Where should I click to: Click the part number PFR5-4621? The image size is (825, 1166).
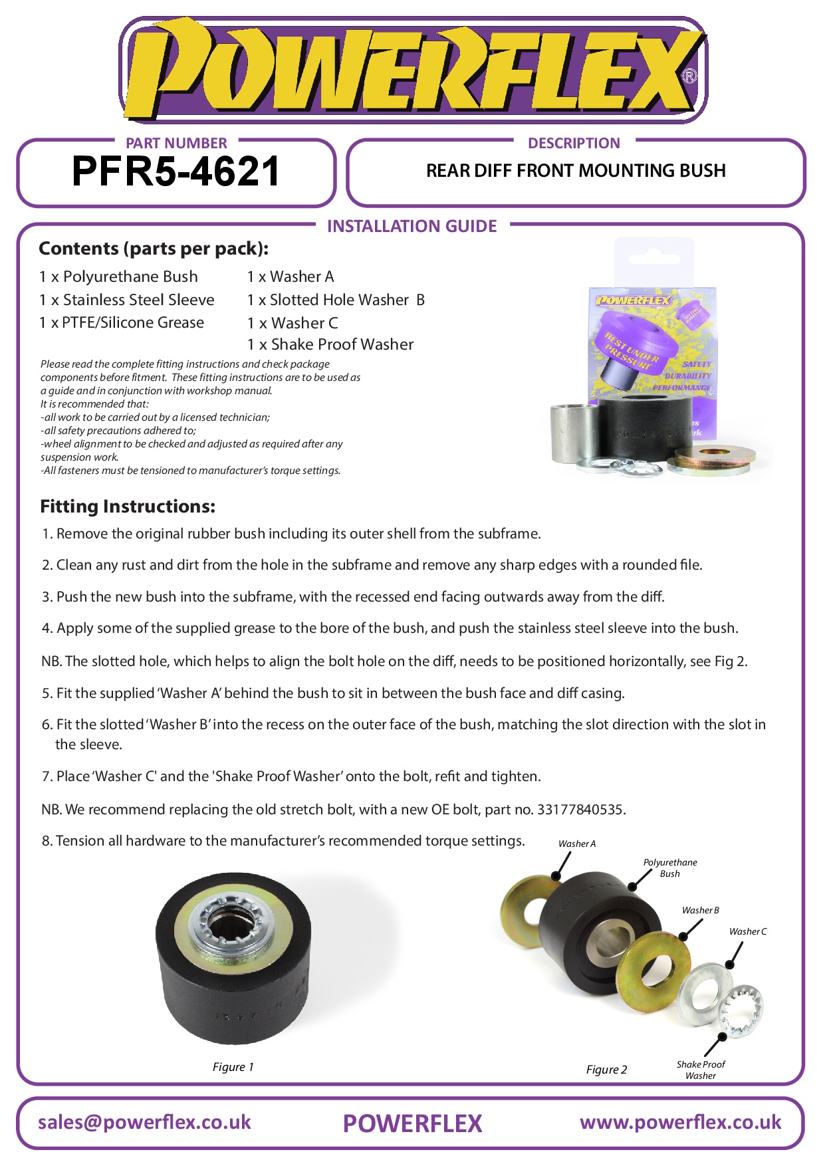pyautogui.click(x=176, y=172)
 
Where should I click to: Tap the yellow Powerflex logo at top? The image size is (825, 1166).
pyautogui.click(x=412, y=70)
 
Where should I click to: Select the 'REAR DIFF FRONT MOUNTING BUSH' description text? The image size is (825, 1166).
pyautogui.click(x=576, y=171)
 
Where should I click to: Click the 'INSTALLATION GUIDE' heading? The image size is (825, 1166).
pyautogui.click(x=412, y=226)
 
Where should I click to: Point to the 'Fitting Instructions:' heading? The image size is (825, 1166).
pyautogui.click(x=128, y=507)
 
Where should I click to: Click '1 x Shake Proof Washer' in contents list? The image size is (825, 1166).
pyautogui.click(x=330, y=344)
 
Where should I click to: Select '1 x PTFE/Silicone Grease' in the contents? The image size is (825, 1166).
pyautogui.click(x=122, y=322)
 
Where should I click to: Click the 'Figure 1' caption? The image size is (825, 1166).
pyautogui.click(x=233, y=1067)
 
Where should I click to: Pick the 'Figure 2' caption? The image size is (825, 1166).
pyautogui.click(x=606, y=1070)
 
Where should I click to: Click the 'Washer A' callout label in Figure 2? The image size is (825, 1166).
pyautogui.click(x=577, y=844)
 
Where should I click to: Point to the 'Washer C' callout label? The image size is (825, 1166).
pyautogui.click(x=747, y=931)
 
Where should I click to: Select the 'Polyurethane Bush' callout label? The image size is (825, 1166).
pyautogui.click(x=670, y=868)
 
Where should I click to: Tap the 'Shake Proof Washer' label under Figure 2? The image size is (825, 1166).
pyautogui.click(x=701, y=1070)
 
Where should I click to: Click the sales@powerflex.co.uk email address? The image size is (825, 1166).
pyautogui.click(x=144, y=1122)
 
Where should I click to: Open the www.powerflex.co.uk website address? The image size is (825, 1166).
pyautogui.click(x=680, y=1122)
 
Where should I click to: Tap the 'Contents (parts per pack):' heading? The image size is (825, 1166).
pyautogui.click(x=154, y=249)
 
